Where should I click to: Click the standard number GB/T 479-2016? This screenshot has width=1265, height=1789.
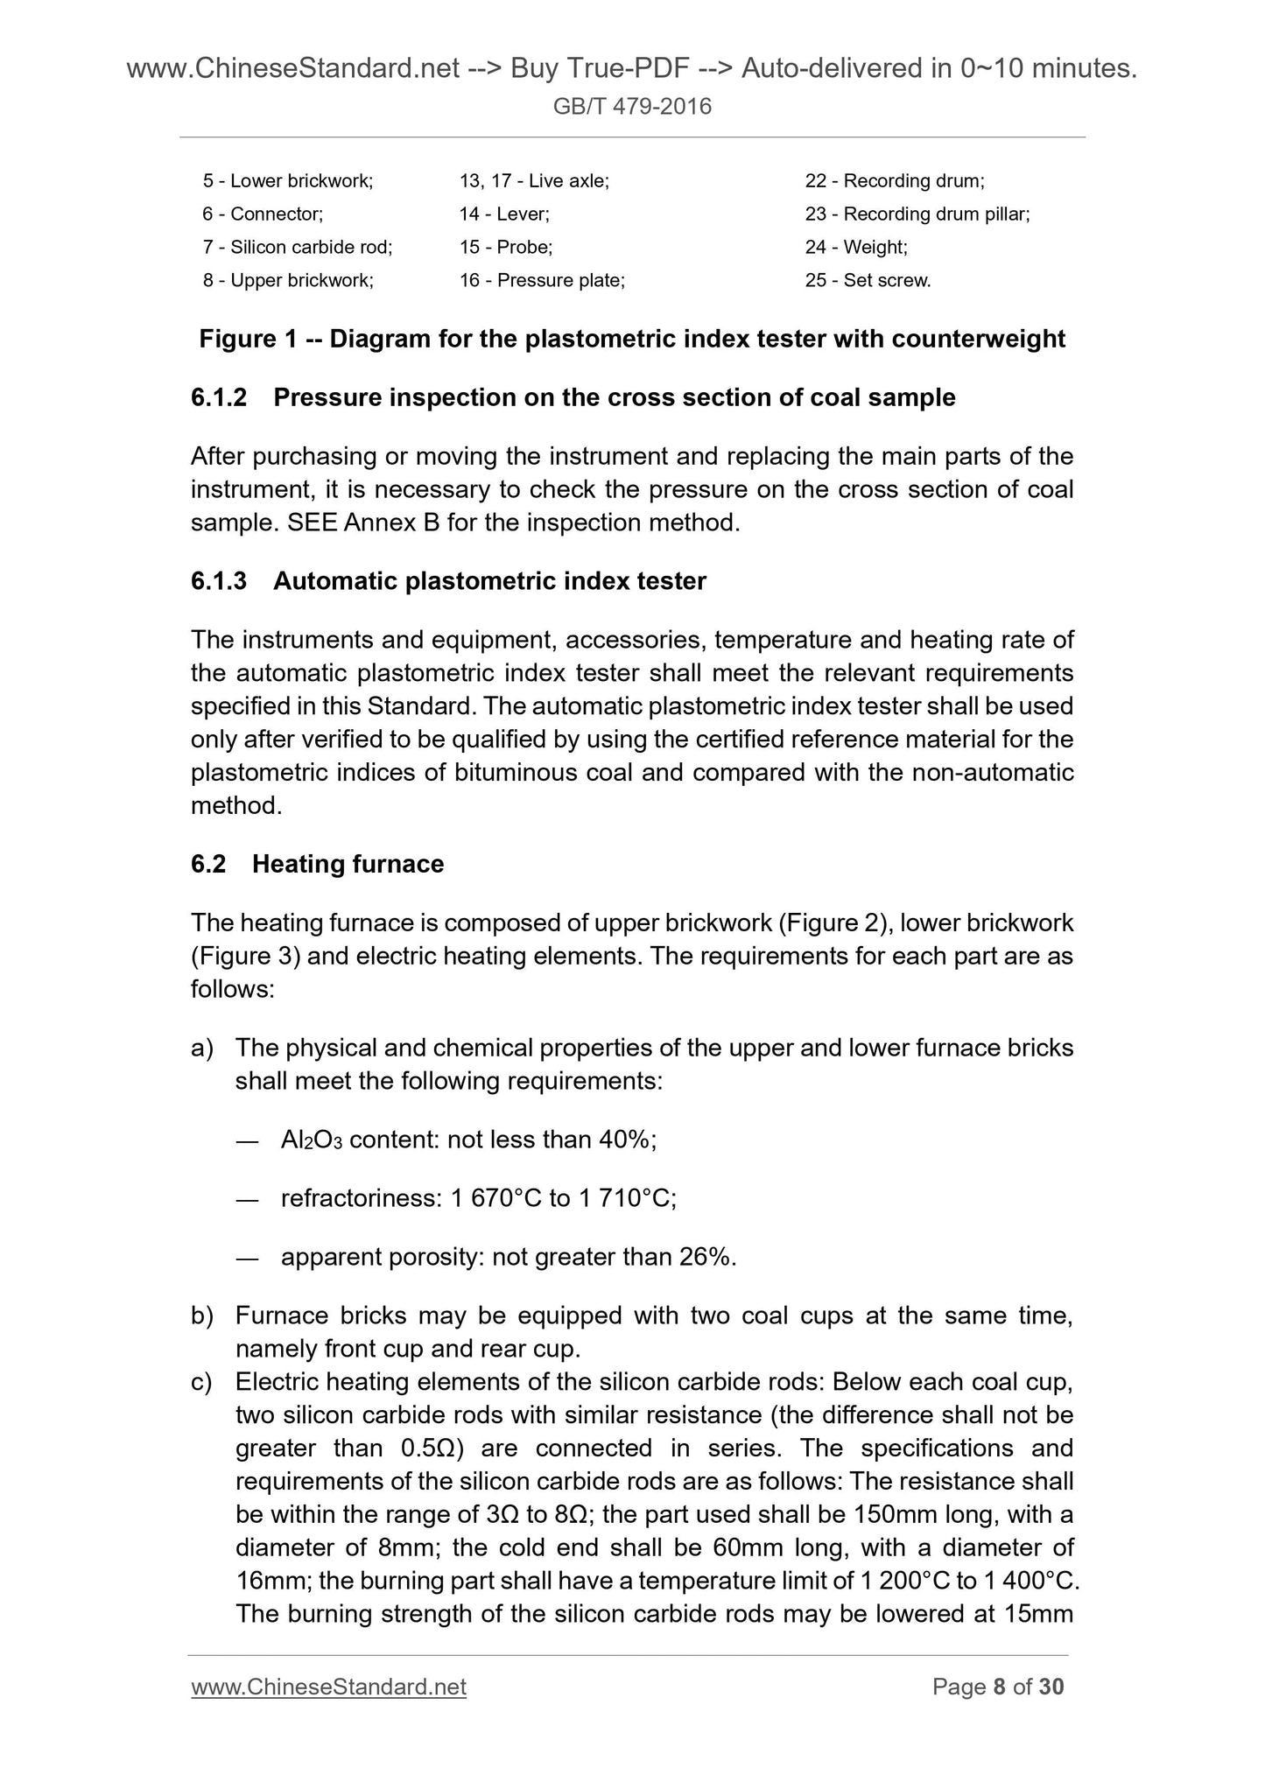coord(632,107)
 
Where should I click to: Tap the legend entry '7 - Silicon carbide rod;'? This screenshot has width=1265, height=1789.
coord(298,248)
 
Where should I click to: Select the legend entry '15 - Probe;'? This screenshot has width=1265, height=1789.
coord(506,248)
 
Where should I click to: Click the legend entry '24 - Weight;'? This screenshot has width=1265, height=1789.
coord(856,248)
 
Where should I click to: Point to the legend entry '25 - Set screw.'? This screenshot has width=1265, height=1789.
coord(868,281)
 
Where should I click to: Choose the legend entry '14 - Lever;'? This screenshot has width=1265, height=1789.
coord(504,214)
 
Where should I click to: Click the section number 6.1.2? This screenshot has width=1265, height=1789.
coord(219,398)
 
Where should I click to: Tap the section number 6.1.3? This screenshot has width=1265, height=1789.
coord(219,581)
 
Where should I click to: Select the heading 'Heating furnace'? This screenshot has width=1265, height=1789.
coord(348,865)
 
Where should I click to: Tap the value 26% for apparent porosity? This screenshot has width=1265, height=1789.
coord(705,1258)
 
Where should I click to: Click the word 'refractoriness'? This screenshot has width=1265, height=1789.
coord(357,1198)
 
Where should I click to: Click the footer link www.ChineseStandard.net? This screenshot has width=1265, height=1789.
coord(328,1687)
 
